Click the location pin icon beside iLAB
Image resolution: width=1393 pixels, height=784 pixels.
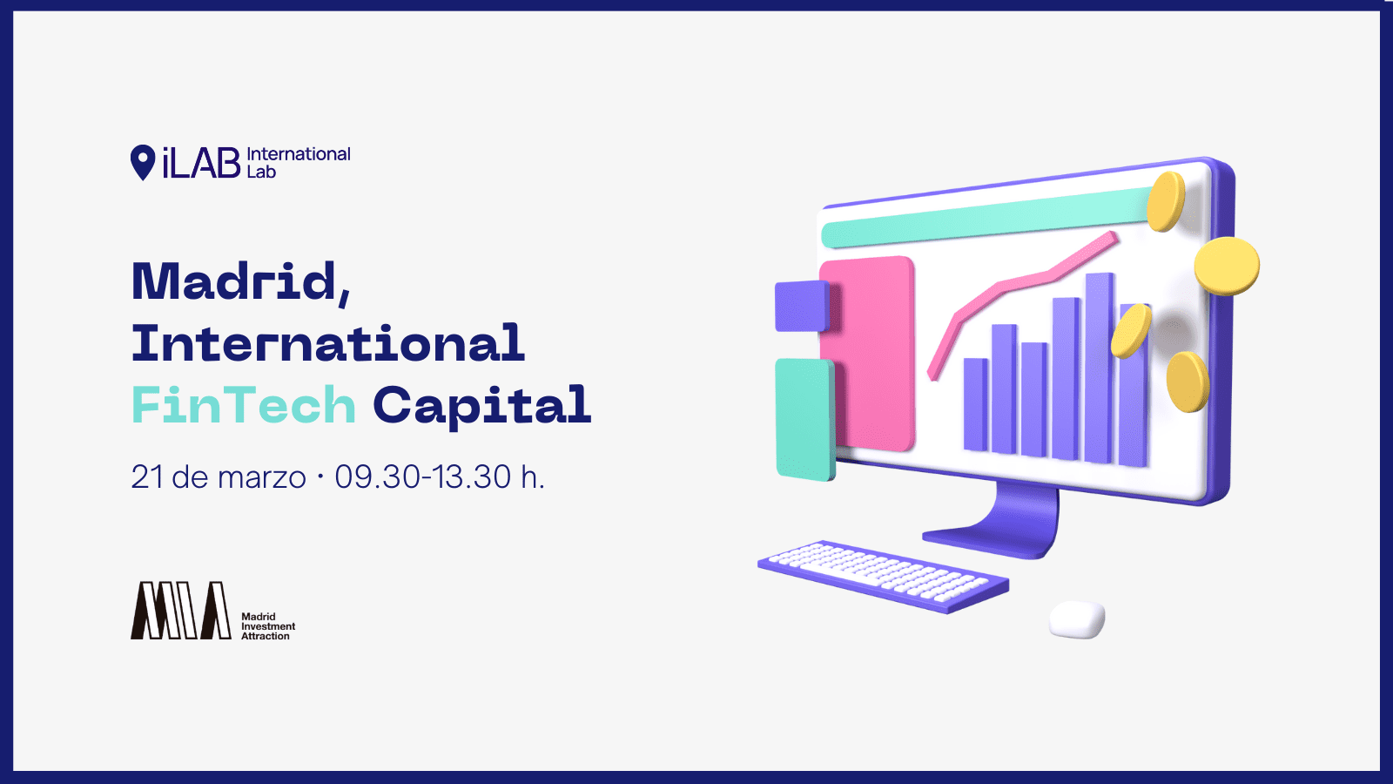143,162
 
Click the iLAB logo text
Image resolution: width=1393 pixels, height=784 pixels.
201,163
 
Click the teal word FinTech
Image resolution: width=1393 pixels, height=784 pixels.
244,404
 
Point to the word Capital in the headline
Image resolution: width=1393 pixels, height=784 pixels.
482,407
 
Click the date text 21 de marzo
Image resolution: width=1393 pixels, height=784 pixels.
219,477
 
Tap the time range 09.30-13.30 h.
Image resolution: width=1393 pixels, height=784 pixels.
440,477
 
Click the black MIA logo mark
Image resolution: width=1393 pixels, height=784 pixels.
180,611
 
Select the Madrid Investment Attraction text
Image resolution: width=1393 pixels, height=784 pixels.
268,626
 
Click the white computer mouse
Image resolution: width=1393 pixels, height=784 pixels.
1077,619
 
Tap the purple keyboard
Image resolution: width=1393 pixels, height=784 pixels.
883,576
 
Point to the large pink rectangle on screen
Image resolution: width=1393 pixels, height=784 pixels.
867,354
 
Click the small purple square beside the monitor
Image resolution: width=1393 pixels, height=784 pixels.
802,306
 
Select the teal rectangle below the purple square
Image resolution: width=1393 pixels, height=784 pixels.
805,419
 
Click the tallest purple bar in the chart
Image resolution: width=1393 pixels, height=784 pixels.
1100,368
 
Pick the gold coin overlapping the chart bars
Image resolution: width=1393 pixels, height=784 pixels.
1131,331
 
